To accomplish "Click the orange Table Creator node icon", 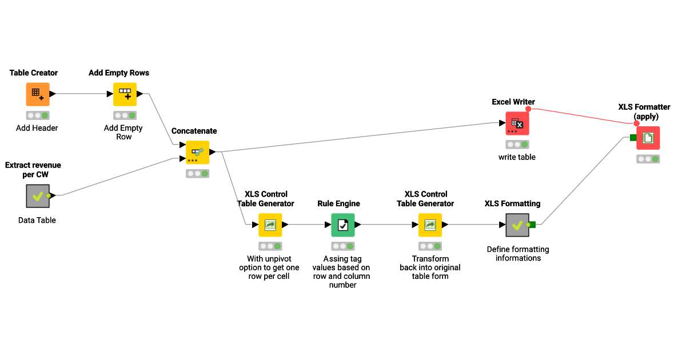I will pos(38,94).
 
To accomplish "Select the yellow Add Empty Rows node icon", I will pos(125,94).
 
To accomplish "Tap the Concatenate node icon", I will pos(198,153).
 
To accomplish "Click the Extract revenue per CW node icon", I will pos(38,195).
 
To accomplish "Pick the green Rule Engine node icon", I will pos(343,225).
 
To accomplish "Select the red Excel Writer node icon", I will pos(517,123).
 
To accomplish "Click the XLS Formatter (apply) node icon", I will pos(648,138).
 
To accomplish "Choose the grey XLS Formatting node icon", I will pos(517,225).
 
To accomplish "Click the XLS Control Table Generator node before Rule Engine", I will pos(270,225).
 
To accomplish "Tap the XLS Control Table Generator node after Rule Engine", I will pos(430,225).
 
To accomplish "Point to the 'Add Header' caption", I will pos(37,128).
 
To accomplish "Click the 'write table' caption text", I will pos(517,157).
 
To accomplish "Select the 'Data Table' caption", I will pos(37,220).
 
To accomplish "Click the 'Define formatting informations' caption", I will pos(518,254).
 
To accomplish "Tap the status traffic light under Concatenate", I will pos(198,173).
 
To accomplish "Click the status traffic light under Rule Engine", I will pos(343,246).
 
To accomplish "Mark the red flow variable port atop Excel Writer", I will pos(528,109).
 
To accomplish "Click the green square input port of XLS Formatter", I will pos(633,137).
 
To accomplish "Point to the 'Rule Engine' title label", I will pos(339,203).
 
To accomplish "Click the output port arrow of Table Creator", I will pos(53,94).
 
